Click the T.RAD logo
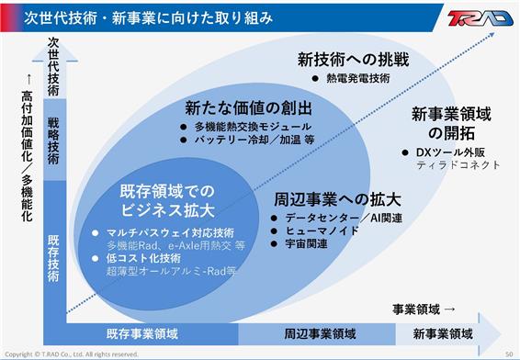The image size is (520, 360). pyautogui.click(x=480, y=17)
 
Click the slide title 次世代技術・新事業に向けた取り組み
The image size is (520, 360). pyautogui.click(x=148, y=17)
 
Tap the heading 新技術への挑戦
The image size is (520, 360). pyautogui.click(x=353, y=60)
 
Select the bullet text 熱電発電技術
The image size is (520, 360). pyautogui.click(x=358, y=78)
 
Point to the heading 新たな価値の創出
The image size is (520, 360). pyautogui.click(x=248, y=108)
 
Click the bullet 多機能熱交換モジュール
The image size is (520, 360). pyautogui.click(x=253, y=127)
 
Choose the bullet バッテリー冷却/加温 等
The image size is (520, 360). pyautogui.click(x=254, y=140)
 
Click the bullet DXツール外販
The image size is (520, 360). pyautogui.click(x=450, y=152)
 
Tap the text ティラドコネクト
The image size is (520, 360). pyautogui.click(x=458, y=164)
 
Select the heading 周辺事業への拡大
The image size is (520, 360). pyautogui.click(x=337, y=199)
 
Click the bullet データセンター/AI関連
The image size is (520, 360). pyautogui.click(x=344, y=218)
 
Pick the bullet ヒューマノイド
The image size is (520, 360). pyautogui.click(x=322, y=231)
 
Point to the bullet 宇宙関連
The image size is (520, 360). pyautogui.click(x=307, y=244)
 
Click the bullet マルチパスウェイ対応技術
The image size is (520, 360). pyautogui.click(x=171, y=232)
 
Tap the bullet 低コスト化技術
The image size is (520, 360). pyautogui.click(x=143, y=258)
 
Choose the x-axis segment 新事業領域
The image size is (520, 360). pyautogui.click(x=443, y=333)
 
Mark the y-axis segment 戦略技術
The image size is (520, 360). pyautogui.click(x=54, y=141)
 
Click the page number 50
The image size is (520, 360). pyautogui.click(x=509, y=354)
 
